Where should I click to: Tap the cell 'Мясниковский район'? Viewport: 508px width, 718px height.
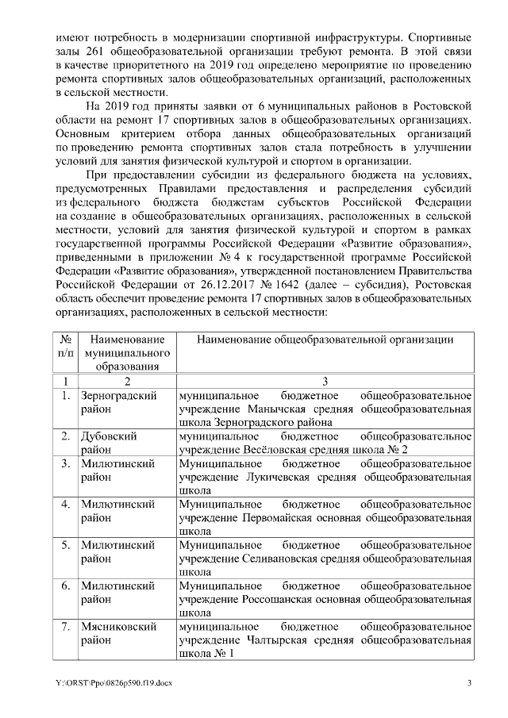119,633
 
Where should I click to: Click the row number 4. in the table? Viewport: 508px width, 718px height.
67,505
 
